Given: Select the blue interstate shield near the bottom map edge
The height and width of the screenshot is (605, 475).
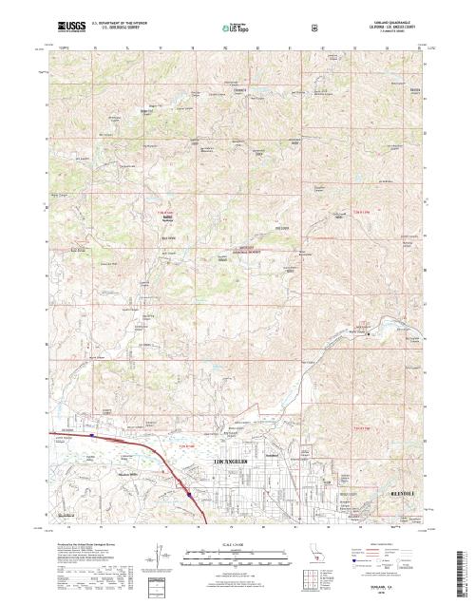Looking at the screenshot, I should [189, 494].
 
